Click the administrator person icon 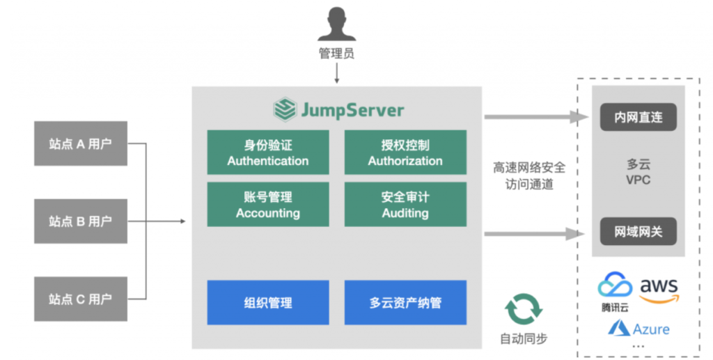pyautogui.click(x=336, y=24)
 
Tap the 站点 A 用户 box pyautogui.click(x=81, y=144)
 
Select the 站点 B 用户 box pyautogui.click(x=81, y=221)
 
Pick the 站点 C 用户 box pyautogui.click(x=81, y=299)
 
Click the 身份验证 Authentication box pyautogui.click(x=267, y=152)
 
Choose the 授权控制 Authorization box pyautogui.click(x=405, y=152)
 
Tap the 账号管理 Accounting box pyautogui.click(x=267, y=205)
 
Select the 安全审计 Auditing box pyautogui.click(x=405, y=205)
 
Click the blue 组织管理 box pyautogui.click(x=267, y=302)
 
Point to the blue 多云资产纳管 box pyautogui.click(x=405, y=302)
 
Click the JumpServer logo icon pyautogui.click(x=284, y=109)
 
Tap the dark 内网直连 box pyautogui.click(x=638, y=118)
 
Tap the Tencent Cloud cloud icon pyautogui.click(x=615, y=285)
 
